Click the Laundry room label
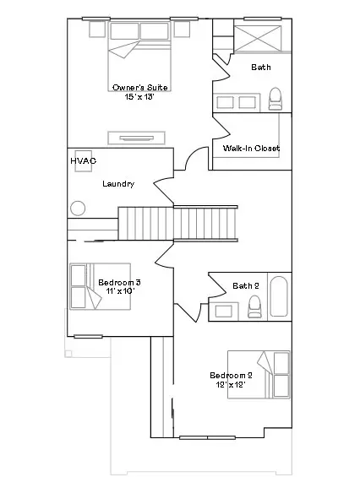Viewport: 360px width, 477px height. pos(118,183)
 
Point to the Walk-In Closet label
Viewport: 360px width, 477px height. pos(251,149)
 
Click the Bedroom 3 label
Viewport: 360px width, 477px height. pos(119,281)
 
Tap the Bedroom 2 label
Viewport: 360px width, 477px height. pos(231,375)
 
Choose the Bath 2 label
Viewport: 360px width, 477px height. pos(246,285)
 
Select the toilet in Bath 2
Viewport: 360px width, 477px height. pos(254,308)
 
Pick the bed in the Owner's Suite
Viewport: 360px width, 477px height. pos(139,49)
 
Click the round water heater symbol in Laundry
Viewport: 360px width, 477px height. pos(79,207)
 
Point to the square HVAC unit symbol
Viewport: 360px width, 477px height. pos(84,166)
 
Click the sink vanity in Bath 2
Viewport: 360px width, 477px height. pos(225,311)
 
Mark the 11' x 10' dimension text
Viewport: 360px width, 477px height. pos(119,291)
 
